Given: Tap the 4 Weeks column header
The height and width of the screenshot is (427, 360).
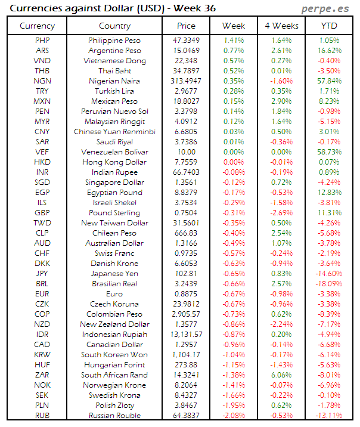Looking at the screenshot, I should [x=281, y=26].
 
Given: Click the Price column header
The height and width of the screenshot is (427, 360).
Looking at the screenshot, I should [x=186, y=26].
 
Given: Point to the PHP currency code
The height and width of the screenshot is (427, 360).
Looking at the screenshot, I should [x=42, y=40].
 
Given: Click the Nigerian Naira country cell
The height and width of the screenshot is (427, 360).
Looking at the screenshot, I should [x=114, y=81].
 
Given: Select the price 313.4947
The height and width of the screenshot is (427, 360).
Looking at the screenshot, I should [x=186, y=81].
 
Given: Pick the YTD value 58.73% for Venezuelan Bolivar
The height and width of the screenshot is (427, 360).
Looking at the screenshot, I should [x=329, y=152].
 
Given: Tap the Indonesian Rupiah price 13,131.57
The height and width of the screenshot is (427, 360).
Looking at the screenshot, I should [x=186, y=335].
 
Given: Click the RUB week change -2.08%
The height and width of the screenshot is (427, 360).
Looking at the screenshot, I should [x=234, y=416].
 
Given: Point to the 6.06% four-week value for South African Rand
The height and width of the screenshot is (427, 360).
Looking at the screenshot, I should [x=281, y=375].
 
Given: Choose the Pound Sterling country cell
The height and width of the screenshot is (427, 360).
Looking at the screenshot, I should [x=114, y=213].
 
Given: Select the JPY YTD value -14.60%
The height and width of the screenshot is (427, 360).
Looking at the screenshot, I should [x=329, y=274].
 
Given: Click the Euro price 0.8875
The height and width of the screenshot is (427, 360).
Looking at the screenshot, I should [x=186, y=294].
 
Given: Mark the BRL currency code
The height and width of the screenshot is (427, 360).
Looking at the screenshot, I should [x=42, y=284].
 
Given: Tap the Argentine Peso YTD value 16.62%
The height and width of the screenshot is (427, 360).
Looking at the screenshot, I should [x=329, y=51].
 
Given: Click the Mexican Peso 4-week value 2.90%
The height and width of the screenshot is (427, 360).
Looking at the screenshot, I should [x=281, y=101].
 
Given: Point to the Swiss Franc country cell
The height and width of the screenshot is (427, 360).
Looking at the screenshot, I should [x=114, y=253].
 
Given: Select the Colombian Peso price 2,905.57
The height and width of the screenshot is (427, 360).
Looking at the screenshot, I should [x=186, y=314].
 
